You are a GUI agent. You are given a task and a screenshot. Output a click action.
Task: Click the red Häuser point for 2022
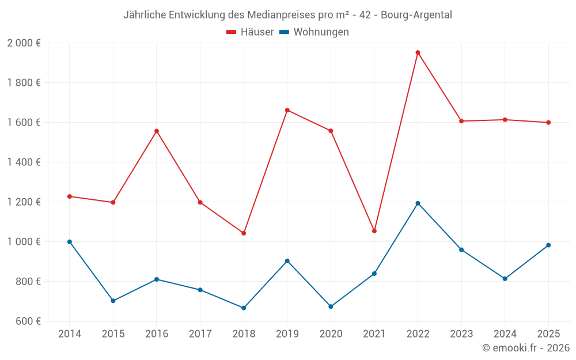(x=418, y=52)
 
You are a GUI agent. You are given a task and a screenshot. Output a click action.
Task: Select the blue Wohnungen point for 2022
(x=418, y=203)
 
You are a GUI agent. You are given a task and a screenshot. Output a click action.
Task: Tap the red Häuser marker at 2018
(x=244, y=233)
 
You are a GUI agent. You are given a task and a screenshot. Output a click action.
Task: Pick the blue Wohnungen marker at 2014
(x=70, y=242)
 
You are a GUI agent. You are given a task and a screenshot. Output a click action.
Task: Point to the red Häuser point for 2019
(x=287, y=110)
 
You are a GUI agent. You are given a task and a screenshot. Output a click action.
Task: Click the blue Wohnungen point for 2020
(x=331, y=306)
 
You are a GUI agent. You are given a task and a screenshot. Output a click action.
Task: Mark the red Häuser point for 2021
(x=374, y=231)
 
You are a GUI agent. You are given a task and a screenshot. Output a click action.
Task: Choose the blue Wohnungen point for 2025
(x=548, y=245)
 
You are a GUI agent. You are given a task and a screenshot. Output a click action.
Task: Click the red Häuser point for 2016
(x=157, y=131)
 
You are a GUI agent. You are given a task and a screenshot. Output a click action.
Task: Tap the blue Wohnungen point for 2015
(x=113, y=301)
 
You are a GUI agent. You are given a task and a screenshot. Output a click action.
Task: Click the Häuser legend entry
(x=250, y=32)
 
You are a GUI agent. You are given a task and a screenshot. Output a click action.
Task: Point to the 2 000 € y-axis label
(x=24, y=43)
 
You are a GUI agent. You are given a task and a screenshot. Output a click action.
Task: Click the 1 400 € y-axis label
(x=24, y=162)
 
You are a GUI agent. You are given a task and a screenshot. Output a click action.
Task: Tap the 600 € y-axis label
(x=28, y=321)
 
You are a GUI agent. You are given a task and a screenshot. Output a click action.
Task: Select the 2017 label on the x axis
(x=200, y=334)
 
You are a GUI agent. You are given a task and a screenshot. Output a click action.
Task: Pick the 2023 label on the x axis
(x=461, y=334)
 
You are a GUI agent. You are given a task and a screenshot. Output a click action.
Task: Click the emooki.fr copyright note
(x=525, y=348)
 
